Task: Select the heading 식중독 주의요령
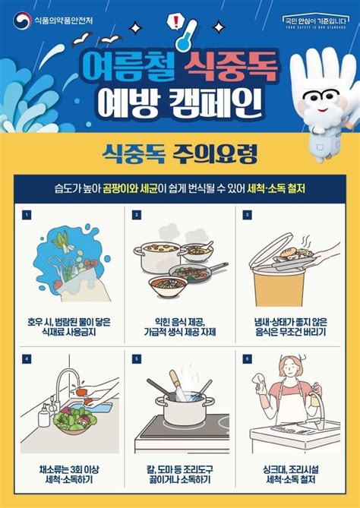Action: [x=179, y=154]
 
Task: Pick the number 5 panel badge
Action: [x=137, y=358]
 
